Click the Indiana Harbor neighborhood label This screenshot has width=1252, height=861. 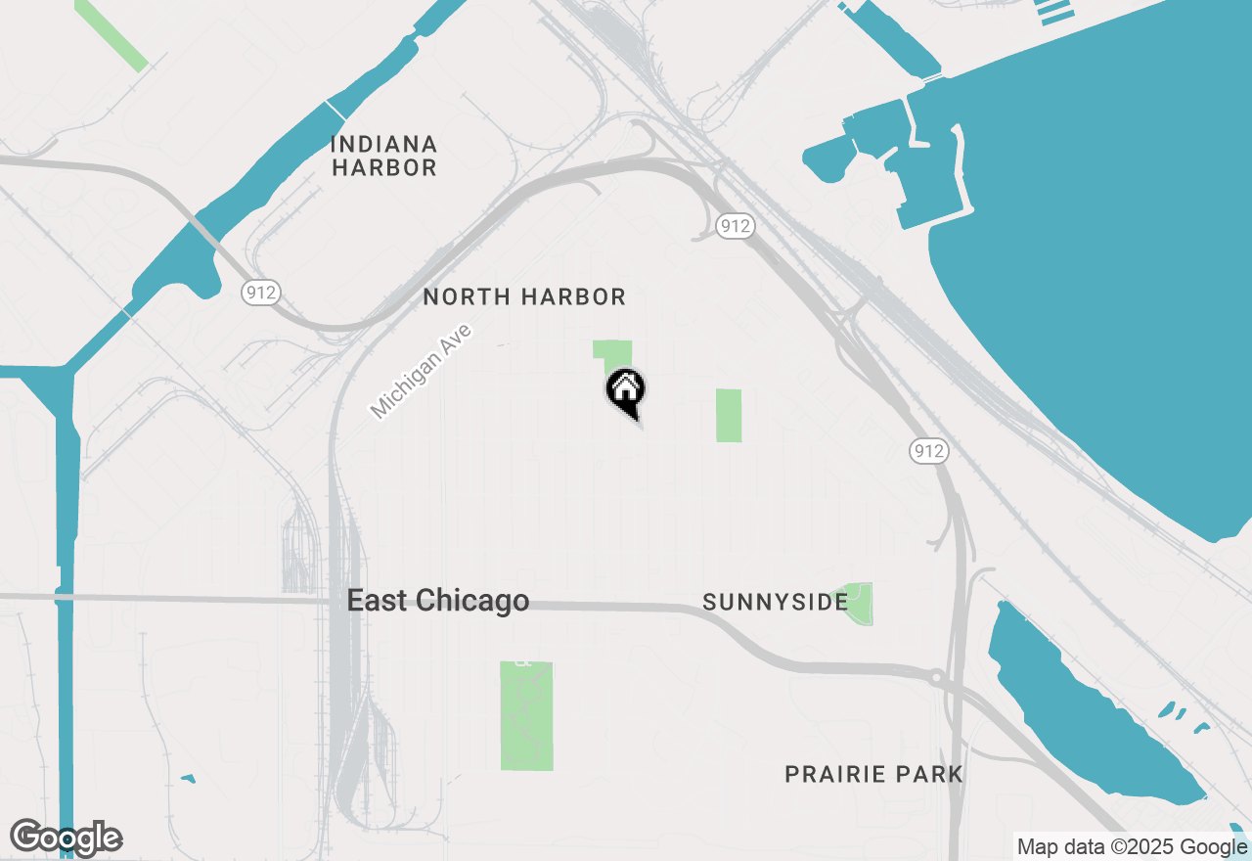[x=383, y=157]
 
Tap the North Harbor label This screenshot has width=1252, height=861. [x=523, y=296]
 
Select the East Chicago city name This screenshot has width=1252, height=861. [x=438, y=601]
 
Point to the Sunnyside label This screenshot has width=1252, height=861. [x=775, y=602]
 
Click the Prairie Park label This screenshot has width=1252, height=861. [x=873, y=775]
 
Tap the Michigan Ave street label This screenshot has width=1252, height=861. [x=422, y=372]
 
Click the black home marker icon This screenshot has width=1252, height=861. [x=625, y=391]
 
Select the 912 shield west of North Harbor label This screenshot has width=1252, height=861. [x=261, y=292]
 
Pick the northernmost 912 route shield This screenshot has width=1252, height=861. [x=735, y=226]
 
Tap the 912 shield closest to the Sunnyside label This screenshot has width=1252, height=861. [x=927, y=450]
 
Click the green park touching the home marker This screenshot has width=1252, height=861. [x=610, y=351]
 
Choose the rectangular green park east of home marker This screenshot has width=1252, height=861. [x=728, y=415]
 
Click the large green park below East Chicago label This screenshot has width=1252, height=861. [x=526, y=715]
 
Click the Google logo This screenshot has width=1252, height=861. [x=67, y=838]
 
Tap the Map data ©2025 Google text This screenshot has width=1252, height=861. [x=1133, y=847]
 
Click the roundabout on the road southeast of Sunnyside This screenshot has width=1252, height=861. [x=936, y=676]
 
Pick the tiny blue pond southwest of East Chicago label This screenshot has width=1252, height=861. [x=188, y=779]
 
